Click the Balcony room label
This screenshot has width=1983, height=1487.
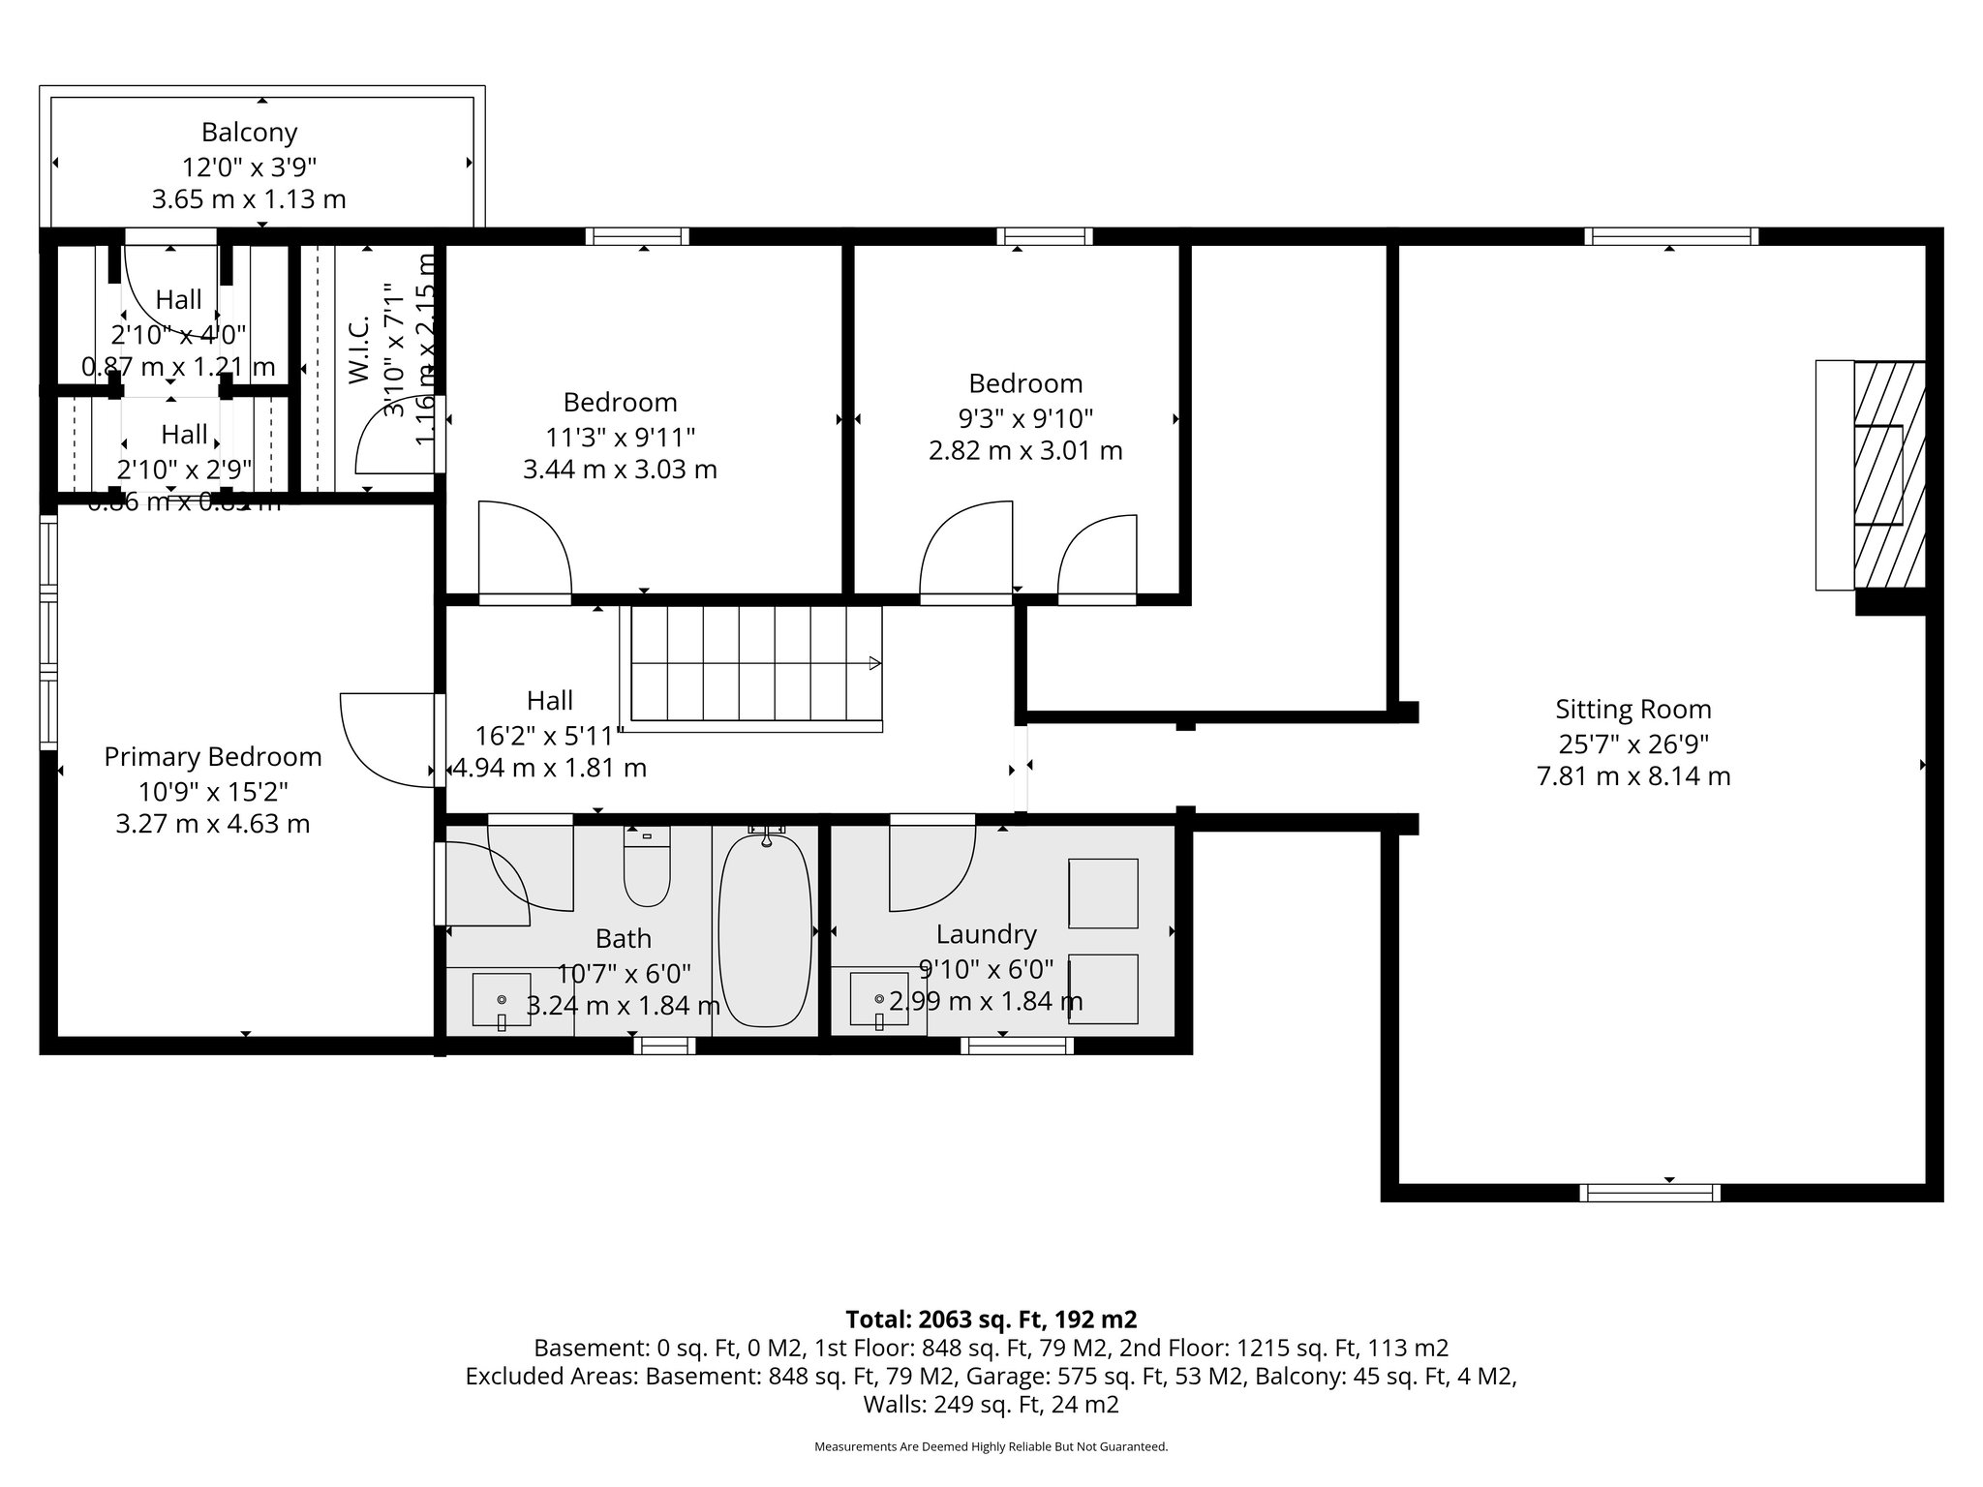(x=249, y=133)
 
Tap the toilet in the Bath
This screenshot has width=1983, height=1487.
(x=647, y=871)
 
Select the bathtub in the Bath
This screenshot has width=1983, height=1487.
(x=765, y=929)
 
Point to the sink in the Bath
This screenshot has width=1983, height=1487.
(x=501, y=1000)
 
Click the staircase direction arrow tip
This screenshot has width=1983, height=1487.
(x=876, y=663)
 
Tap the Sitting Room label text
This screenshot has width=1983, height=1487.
(x=1632, y=710)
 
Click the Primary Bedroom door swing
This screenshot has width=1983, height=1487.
(x=382, y=736)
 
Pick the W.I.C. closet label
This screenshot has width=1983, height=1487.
(x=359, y=349)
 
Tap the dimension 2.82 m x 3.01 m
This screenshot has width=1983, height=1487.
(x=1025, y=451)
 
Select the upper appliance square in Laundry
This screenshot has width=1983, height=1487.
(x=1102, y=893)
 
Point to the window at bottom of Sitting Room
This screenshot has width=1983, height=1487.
(x=1649, y=1193)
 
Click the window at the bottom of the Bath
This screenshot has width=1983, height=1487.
(x=664, y=1045)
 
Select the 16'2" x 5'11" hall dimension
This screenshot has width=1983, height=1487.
(x=549, y=736)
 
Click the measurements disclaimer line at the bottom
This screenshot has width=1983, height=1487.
(x=991, y=1447)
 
